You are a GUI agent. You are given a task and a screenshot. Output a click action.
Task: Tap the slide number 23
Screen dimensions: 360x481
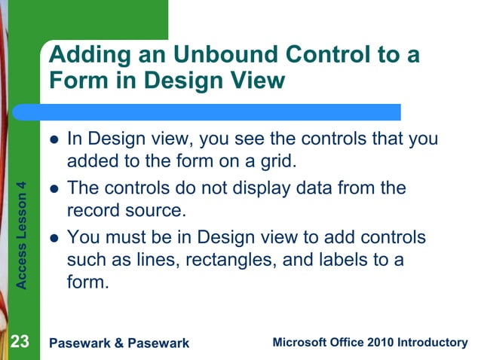(x=20, y=343)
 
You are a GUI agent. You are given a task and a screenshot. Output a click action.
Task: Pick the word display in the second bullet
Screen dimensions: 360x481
(x=279, y=188)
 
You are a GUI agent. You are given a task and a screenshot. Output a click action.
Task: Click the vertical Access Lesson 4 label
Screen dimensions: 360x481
(x=22, y=234)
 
